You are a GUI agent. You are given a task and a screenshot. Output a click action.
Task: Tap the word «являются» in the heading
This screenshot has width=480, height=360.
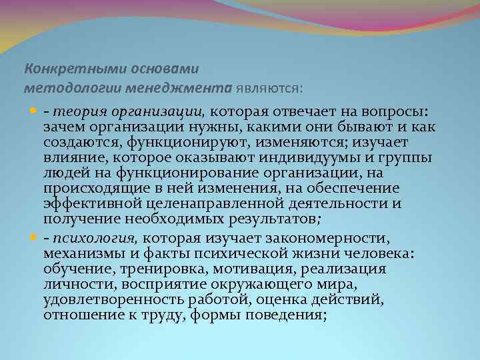pyautogui.click(x=267, y=87)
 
